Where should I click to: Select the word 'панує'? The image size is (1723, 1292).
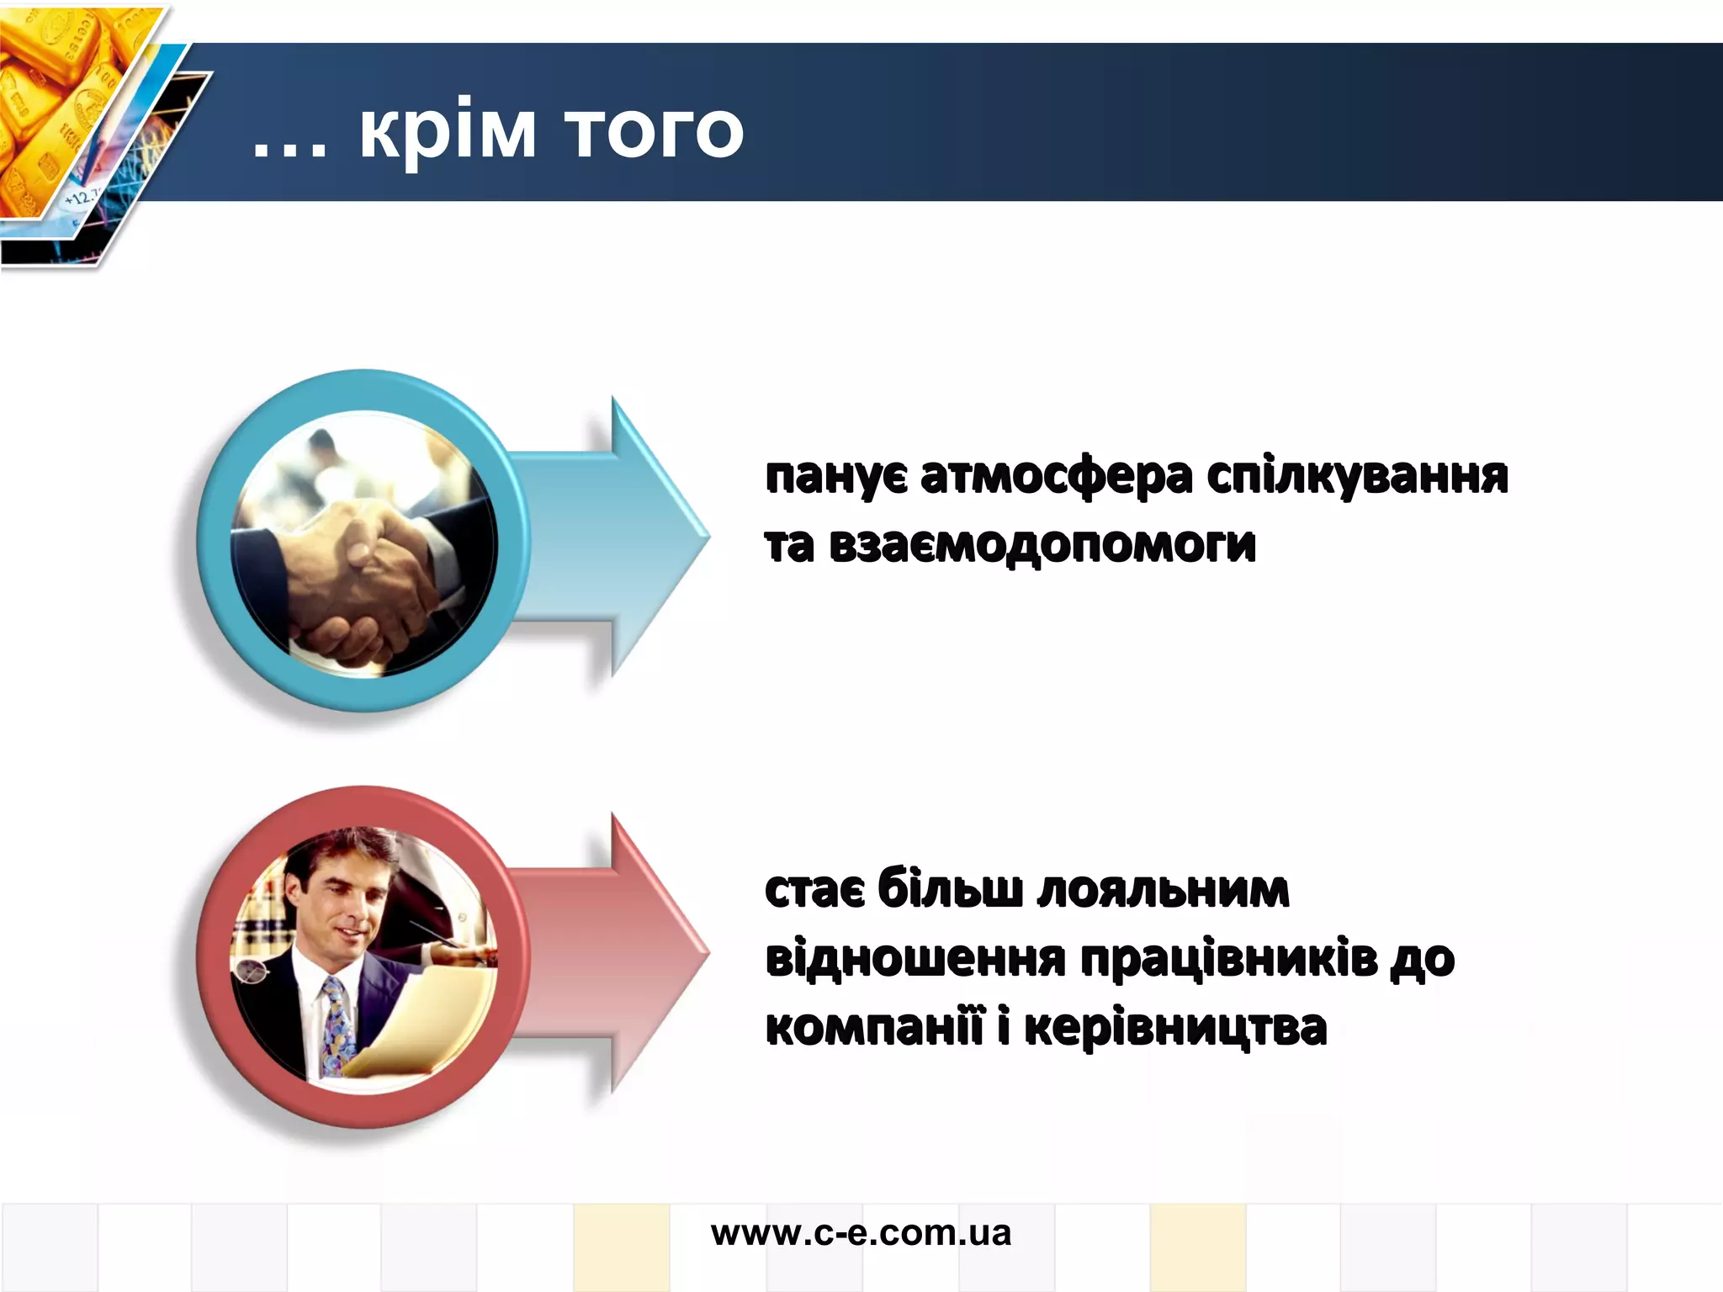click(836, 477)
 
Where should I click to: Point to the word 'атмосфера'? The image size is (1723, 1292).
click(1056, 477)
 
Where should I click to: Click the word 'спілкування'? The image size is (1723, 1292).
click(1357, 477)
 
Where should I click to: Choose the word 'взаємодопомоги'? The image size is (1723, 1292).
click(1042, 545)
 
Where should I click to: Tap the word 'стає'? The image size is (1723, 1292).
click(814, 890)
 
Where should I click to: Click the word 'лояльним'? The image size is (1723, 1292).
click(1163, 890)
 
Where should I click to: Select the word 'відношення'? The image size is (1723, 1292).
click(915, 959)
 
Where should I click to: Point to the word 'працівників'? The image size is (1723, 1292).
click(1228, 959)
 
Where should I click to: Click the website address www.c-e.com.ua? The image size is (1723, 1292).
click(861, 1233)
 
